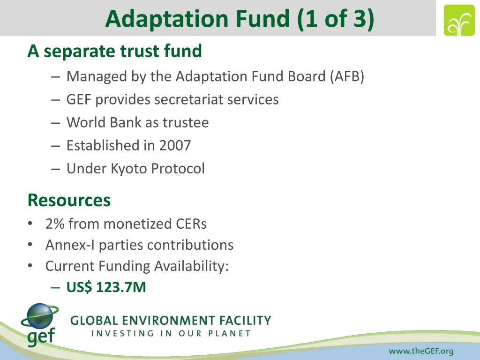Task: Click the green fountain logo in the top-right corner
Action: (x=459, y=20)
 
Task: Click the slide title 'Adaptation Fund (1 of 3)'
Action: (x=240, y=19)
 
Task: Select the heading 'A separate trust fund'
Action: (x=114, y=51)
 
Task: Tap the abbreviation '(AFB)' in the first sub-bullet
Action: (x=346, y=76)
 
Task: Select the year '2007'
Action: (x=175, y=145)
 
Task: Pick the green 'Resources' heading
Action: (x=69, y=200)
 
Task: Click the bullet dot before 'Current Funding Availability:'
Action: (x=30, y=266)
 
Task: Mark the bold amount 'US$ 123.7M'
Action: (x=106, y=287)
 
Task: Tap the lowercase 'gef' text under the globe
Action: (x=41, y=337)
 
